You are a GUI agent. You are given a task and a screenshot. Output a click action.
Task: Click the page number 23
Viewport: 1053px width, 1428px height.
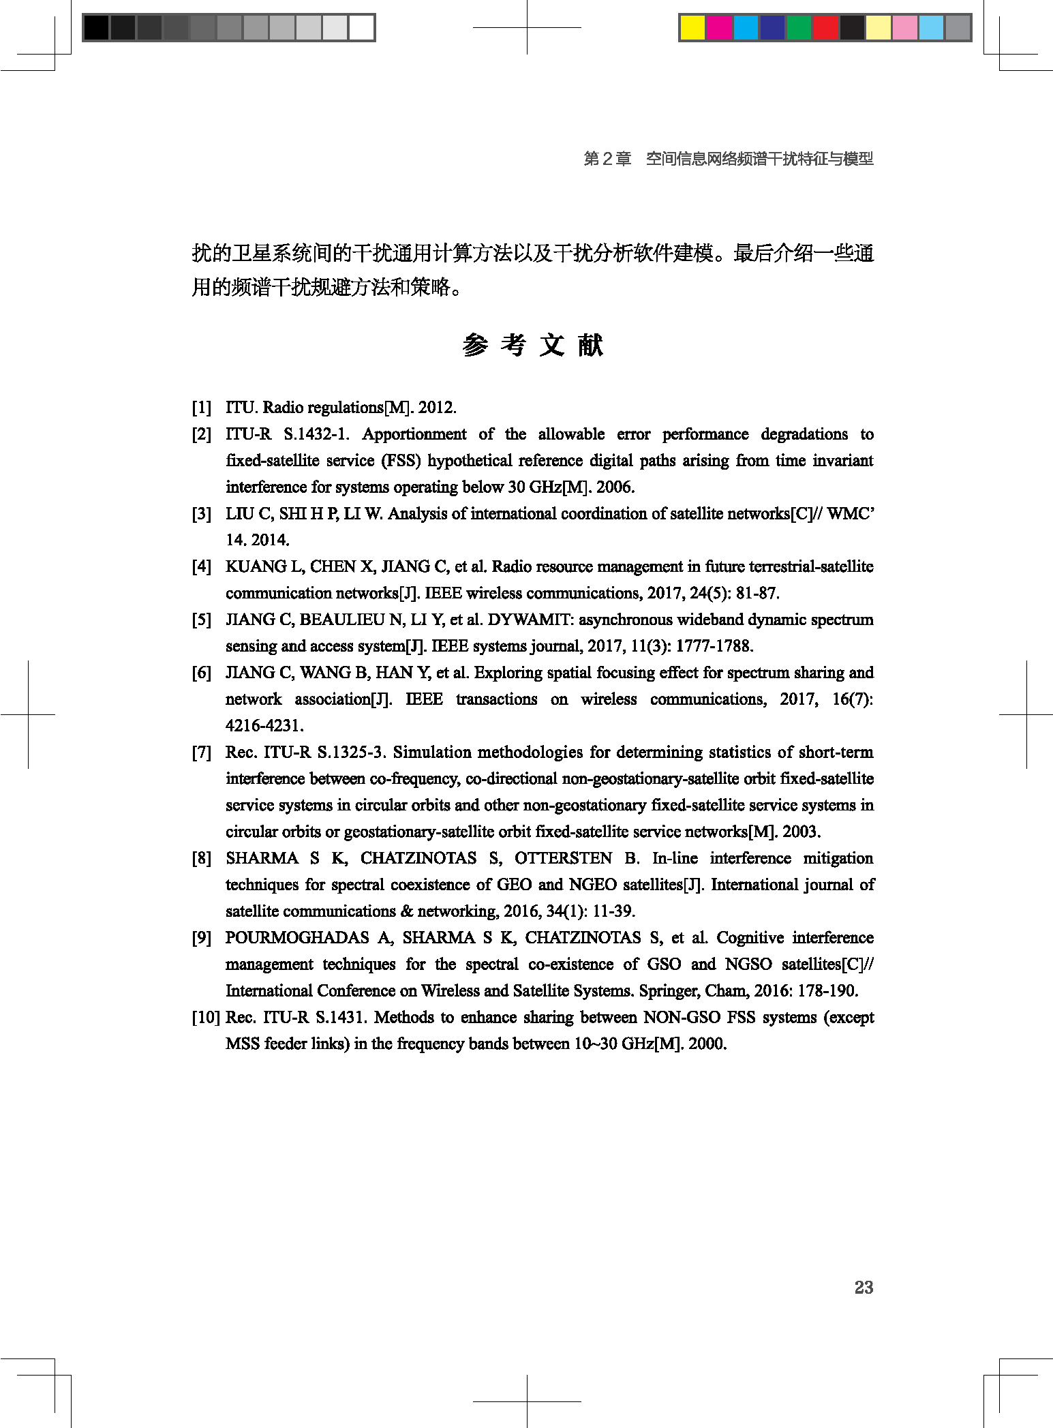point(864,1287)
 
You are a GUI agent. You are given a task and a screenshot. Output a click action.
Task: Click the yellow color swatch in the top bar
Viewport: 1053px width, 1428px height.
point(692,28)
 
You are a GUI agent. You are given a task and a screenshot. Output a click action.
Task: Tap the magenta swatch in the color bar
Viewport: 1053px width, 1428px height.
point(719,28)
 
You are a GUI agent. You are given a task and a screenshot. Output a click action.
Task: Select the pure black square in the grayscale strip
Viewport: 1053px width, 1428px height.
point(96,28)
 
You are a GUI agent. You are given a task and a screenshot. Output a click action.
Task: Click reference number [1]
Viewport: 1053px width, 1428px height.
point(202,408)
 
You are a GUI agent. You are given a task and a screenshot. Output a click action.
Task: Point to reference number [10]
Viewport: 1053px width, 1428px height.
point(205,1018)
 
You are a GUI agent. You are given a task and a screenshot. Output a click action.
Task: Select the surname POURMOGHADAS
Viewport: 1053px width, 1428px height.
point(297,938)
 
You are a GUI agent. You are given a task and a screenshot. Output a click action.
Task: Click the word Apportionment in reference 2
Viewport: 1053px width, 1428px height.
point(414,434)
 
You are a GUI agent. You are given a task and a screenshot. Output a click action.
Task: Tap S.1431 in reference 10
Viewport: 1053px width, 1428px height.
point(340,1018)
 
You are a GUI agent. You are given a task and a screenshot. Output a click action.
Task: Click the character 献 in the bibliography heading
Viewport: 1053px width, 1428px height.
point(590,346)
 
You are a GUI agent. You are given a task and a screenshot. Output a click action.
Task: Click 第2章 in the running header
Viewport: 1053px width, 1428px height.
point(607,159)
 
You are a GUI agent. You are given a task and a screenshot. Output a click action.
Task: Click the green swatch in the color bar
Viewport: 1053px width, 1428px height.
point(799,28)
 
